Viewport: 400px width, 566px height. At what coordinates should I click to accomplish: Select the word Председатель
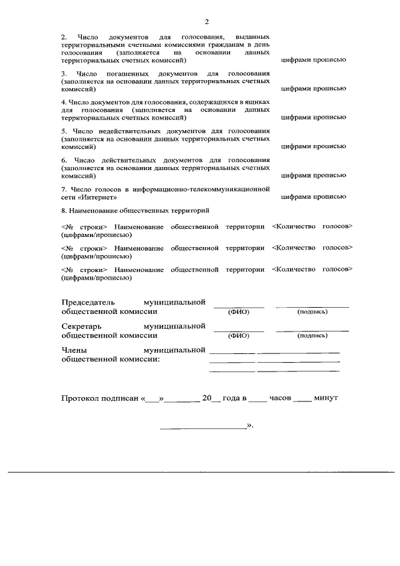tap(88, 302)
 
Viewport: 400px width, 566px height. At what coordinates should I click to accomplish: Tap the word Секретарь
tap(81, 326)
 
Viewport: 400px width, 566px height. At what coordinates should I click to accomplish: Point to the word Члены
tap(74, 350)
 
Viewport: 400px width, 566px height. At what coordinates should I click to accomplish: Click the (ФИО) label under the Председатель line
tap(239, 311)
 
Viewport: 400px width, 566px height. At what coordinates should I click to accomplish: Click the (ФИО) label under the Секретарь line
tap(239, 335)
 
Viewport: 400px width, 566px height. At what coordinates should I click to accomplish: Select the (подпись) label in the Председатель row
tap(312, 311)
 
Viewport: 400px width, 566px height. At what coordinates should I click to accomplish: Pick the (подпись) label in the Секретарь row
tap(312, 335)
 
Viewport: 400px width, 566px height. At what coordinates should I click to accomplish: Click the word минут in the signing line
tap(326, 398)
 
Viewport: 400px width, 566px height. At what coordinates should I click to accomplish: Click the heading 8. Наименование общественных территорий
tap(135, 211)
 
